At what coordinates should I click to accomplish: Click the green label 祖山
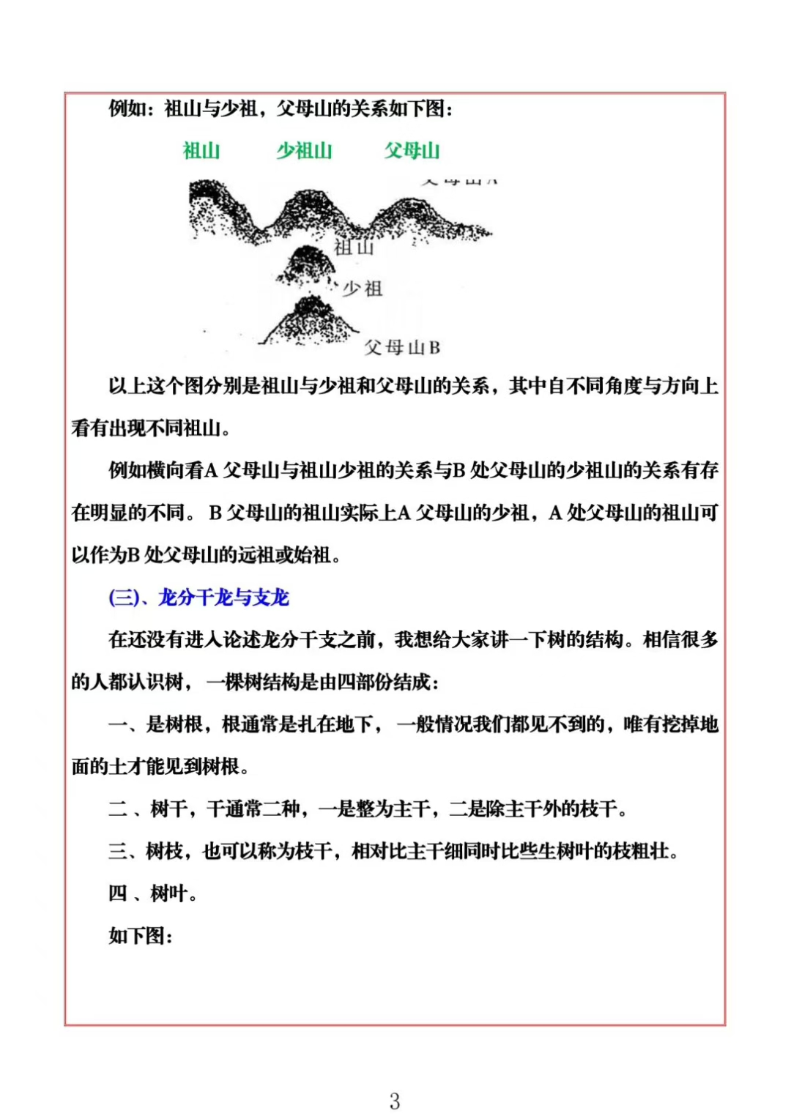click(201, 151)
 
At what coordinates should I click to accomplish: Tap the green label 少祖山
click(304, 151)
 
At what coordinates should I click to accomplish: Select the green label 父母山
click(412, 151)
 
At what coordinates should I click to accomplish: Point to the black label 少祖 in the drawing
click(363, 289)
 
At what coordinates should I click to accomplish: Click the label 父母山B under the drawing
click(402, 347)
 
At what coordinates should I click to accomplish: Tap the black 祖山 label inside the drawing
click(354, 248)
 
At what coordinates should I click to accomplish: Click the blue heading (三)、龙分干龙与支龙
click(198, 598)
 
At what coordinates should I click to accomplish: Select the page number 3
click(395, 1101)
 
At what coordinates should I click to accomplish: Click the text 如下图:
click(141, 936)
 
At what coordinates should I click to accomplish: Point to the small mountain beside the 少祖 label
click(306, 265)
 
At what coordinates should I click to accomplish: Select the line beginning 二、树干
click(368, 808)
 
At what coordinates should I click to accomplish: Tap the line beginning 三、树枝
click(393, 851)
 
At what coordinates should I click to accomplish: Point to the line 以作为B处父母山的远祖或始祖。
click(207, 555)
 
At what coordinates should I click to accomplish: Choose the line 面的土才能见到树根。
click(160, 766)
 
